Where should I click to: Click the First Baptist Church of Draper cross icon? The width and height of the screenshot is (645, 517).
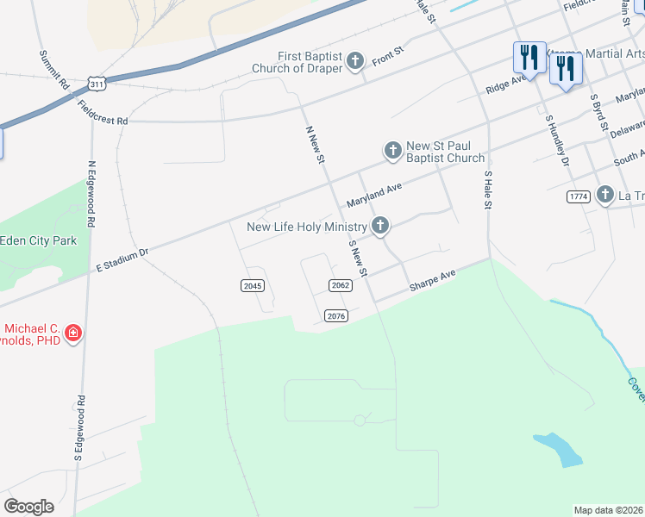pos(356,61)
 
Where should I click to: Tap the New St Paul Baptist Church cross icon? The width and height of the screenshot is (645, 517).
pos(392,152)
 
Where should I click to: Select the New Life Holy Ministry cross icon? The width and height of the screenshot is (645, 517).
pos(379,227)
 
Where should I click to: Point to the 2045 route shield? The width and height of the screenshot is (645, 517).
pos(252,285)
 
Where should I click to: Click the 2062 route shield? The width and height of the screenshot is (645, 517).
pos(341,285)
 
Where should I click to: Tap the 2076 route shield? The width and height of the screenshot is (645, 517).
pos(336,316)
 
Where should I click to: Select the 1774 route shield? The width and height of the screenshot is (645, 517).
pos(578,197)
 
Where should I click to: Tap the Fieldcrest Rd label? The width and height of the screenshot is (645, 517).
pos(102,114)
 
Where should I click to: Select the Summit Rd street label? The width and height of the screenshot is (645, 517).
pos(53,72)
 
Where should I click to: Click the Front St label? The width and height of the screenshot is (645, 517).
pos(387,58)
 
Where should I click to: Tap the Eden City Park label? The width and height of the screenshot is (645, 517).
pos(38,240)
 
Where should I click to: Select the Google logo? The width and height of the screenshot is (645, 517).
pos(28,507)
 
